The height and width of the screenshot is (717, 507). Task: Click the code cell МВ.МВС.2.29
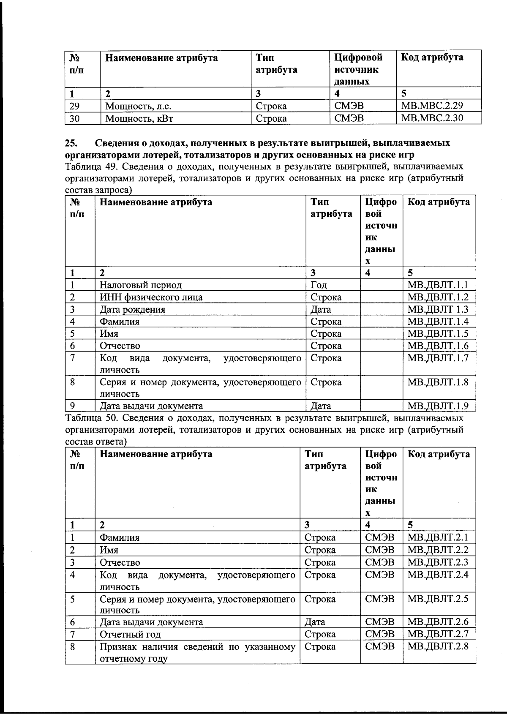click(434, 106)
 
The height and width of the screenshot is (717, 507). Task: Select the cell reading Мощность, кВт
click(139, 118)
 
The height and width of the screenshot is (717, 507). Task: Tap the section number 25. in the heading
click(71, 142)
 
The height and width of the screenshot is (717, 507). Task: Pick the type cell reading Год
click(319, 285)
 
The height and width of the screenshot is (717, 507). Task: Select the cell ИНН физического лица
click(151, 297)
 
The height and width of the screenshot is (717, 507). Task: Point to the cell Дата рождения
click(132, 310)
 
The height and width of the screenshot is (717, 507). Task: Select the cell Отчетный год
click(130, 634)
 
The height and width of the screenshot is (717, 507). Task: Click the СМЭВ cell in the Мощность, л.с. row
click(349, 106)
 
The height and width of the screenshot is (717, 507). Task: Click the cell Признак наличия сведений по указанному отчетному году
click(197, 652)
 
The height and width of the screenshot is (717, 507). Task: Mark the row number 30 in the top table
click(74, 118)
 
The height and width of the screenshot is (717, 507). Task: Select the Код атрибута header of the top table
click(432, 57)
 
